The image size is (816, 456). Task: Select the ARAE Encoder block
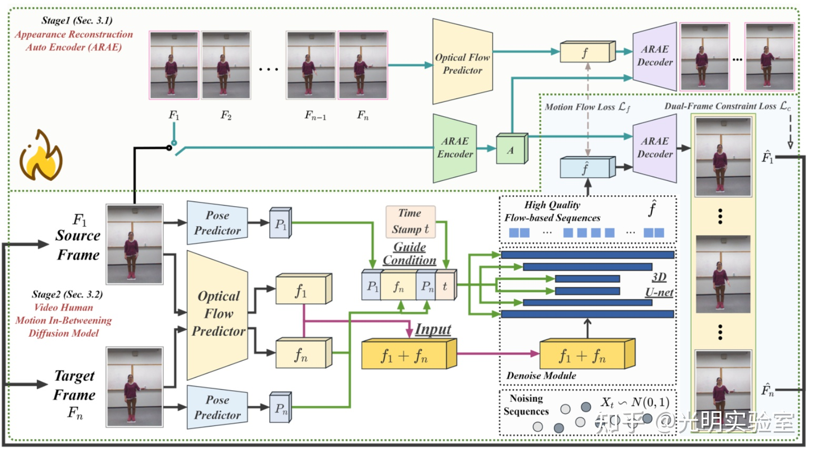point(455,148)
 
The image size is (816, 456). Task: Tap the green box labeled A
point(511,150)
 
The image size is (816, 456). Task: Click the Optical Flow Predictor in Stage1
point(462,63)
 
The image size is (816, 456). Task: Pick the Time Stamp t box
point(410,221)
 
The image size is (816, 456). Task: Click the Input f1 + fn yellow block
point(405,355)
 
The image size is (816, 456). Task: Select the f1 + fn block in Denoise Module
point(583,355)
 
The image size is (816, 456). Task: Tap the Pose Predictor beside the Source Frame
point(217,222)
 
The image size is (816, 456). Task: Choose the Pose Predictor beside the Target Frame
point(217,407)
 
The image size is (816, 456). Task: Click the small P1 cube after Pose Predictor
point(281,224)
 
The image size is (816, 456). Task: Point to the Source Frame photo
point(135,244)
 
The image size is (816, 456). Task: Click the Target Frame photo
point(135,387)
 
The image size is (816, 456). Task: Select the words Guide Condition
point(410,254)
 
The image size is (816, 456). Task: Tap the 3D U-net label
point(659,285)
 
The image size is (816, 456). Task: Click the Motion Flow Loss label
point(586,107)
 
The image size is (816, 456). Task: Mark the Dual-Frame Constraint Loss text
point(727,106)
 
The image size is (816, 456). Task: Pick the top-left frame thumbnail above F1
point(174,65)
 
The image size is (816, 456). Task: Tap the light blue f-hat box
point(585,168)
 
